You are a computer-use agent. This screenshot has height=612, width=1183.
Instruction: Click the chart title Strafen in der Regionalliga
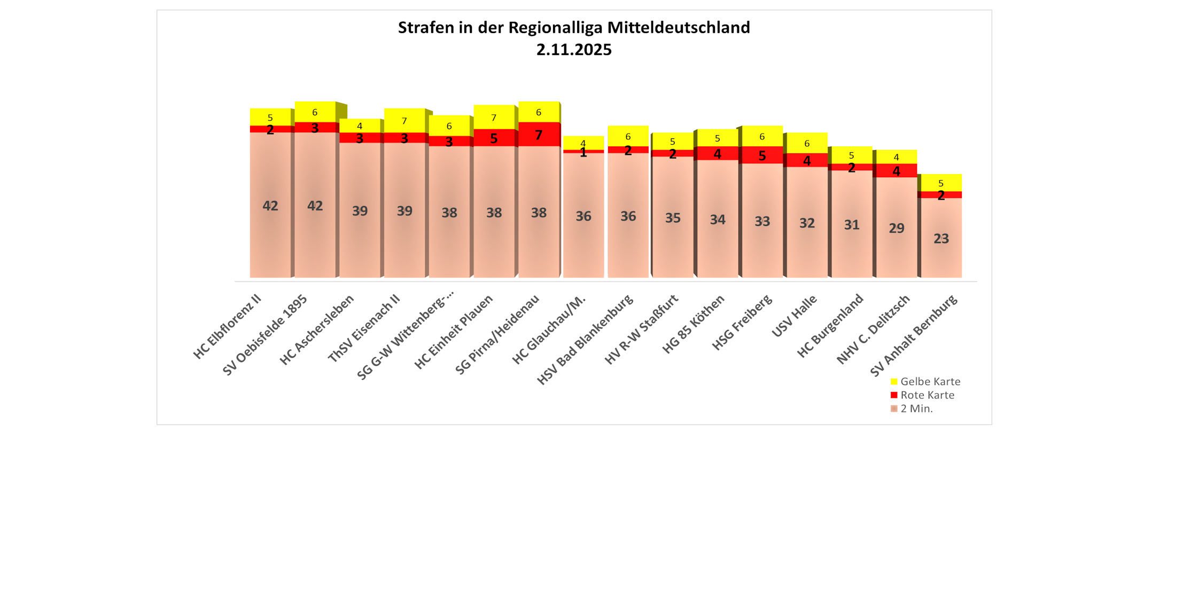coord(574,28)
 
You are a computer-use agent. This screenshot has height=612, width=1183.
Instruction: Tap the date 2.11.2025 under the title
coord(574,50)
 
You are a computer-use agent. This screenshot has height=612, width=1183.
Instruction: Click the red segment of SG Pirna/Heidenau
coord(539,135)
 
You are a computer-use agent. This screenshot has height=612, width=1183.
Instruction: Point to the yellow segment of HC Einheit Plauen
coord(494,117)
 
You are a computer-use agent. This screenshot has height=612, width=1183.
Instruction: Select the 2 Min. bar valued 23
coord(941,238)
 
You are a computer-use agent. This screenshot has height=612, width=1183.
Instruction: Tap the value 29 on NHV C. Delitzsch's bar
coord(896,228)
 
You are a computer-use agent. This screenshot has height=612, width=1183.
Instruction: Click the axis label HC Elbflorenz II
coord(228,327)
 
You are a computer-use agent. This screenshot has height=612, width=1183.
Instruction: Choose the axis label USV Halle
coord(795,316)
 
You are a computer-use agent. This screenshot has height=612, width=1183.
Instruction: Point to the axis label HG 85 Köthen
coord(694,324)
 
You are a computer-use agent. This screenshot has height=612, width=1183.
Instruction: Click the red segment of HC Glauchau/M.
coord(583,152)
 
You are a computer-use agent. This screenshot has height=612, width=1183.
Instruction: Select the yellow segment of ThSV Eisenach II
coord(404,120)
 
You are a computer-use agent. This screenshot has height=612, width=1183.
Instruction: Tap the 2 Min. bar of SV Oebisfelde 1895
coord(315,206)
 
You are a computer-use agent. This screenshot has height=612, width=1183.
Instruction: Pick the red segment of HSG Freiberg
coord(762,155)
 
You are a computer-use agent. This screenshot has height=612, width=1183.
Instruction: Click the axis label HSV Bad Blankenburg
coord(586,340)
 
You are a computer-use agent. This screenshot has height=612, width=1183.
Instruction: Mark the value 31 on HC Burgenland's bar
coord(851,225)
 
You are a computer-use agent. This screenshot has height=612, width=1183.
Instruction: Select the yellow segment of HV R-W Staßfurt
coord(673,141)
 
